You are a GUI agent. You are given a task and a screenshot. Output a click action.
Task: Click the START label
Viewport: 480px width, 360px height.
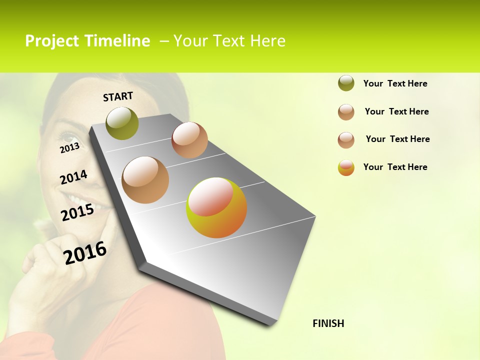[118, 96]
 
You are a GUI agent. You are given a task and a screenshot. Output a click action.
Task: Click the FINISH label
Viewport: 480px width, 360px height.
[328, 323]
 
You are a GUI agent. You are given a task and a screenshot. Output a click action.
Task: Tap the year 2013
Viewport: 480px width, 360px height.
[69, 147]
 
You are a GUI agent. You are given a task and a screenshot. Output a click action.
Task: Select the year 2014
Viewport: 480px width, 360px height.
[73, 177]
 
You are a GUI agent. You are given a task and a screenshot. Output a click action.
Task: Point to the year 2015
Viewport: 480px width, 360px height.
[77, 212]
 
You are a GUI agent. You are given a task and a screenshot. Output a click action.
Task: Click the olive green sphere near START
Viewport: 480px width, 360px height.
[122, 123]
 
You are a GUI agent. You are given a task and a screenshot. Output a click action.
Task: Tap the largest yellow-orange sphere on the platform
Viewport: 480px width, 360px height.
[216, 207]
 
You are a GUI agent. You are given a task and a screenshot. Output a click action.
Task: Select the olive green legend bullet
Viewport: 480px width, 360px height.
[346, 83]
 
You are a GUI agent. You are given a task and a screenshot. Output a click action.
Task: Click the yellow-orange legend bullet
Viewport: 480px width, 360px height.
[346, 167]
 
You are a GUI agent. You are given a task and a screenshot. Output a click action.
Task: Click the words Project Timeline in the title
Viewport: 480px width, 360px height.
[87, 41]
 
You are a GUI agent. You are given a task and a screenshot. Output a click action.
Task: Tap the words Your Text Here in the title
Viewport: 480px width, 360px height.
[229, 41]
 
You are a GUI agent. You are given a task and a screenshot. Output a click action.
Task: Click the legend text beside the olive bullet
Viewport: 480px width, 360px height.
[395, 83]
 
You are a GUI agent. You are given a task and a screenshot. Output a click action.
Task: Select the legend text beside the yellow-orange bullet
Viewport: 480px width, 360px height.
[395, 167]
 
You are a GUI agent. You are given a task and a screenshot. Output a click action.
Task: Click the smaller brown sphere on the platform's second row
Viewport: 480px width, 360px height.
[189, 140]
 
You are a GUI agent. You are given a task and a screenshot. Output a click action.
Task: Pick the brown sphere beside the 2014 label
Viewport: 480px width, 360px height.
[145, 180]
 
